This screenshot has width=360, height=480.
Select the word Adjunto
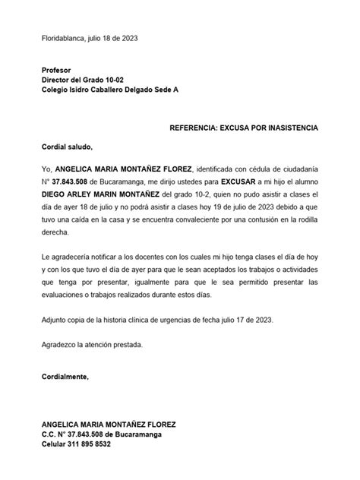coord(55,321)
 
